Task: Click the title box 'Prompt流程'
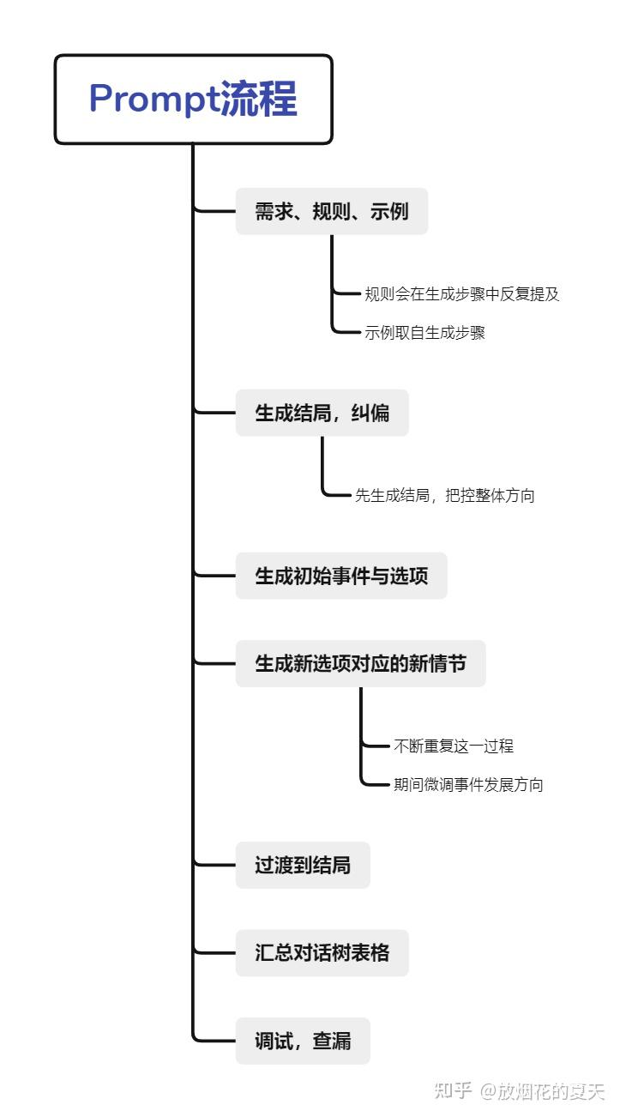click(x=193, y=100)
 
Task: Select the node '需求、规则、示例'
click(x=331, y=211)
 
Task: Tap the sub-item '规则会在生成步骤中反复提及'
click(x=461, y=294)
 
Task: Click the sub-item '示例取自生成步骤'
click(x=424, y=333)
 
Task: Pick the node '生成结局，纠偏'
click(x=322, y=413)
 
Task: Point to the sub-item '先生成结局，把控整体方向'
click(x=444, y=495)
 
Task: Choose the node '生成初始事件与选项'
click(x=341, y=576)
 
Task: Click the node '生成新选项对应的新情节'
click(x=360, y=663)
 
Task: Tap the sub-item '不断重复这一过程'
click(x=453, y=746)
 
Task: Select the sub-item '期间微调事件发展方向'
click(x=467, y=785)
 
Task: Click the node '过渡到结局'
click(x=303, y=865)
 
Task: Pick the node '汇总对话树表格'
click(x=322, y=952)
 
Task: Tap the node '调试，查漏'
click(x=303, y=1041)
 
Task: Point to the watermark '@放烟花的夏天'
click(x=542, y=1091)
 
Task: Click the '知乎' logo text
click(x=453, y=1091)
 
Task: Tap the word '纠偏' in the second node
click(x=370, y=413)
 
